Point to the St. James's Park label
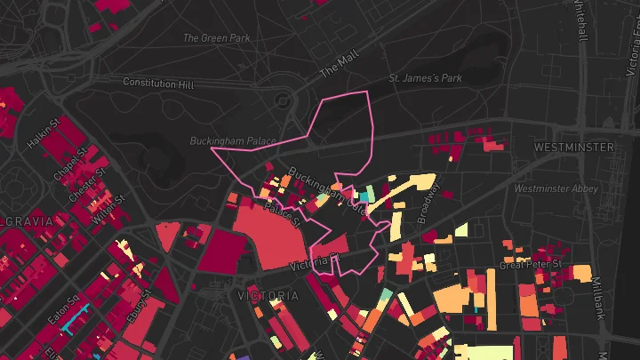click(x=426, y=79)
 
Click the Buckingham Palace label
click(x=232, y=141)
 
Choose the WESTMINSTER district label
click(x=573, y=146)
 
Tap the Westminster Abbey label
click(x=552, y=188)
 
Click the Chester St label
click(x=86, y=180)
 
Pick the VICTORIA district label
click(x=268, y=295)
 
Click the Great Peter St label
click(x=531, y=264)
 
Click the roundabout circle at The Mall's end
click(x=284, y=100)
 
